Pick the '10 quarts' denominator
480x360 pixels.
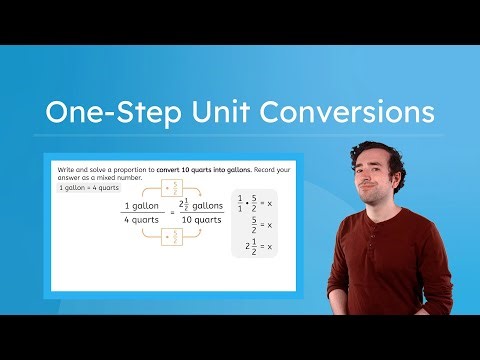tap(201, 220)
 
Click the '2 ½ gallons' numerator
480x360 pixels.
tap(201, 204)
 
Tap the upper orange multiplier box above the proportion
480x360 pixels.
tap(171, 186)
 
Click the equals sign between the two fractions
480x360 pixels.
tap(171, 213)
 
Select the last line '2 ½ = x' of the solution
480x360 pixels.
tap(257, 246)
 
